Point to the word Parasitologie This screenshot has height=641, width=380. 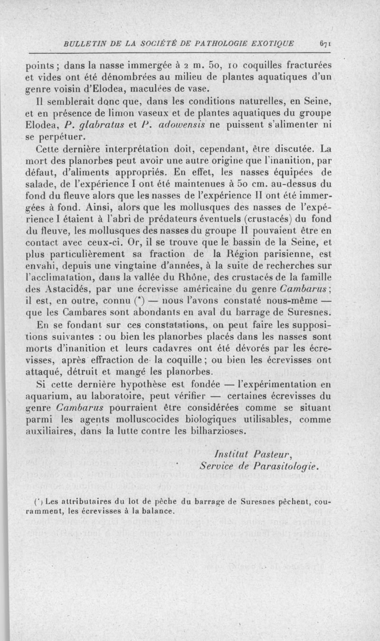[x=284, y=464]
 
